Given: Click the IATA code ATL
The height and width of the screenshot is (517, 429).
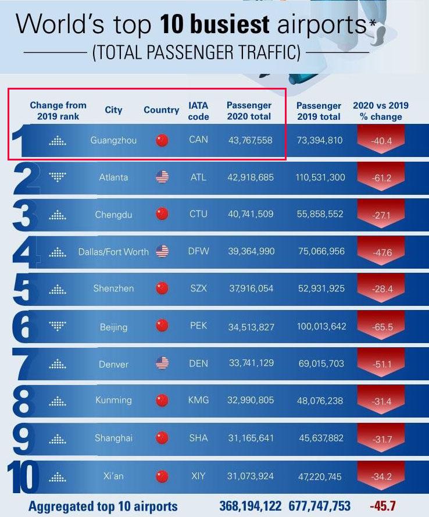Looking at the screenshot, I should (x=198, y=177).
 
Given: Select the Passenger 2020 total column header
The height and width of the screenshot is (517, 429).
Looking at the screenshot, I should (x=249, y=110).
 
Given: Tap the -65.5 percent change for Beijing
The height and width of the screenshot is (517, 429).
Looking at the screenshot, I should (x=382, y=327).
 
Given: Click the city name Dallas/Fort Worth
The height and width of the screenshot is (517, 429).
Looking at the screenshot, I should (x=113, y=252).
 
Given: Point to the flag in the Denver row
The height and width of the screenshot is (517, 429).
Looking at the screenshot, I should (x=162, y=363).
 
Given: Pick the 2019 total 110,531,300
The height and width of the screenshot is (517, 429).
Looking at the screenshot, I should (x=320, y=177).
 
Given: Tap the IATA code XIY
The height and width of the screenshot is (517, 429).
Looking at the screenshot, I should (x=198, y=476).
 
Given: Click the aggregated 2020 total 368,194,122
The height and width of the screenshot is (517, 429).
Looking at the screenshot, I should (x=251, y=506).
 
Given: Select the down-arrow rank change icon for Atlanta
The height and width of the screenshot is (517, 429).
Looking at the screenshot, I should (x=58, y=177).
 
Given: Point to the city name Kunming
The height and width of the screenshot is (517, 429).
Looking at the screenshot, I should (x=113, y=400).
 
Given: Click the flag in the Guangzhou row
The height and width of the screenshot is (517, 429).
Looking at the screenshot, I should (x=162, y=140).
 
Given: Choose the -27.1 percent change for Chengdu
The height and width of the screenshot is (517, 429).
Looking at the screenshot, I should (x=382, y=215).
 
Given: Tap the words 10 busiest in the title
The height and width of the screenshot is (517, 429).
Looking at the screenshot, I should (x=215, y=24).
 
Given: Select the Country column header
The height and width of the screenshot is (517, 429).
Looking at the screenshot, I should (x=161, y=110).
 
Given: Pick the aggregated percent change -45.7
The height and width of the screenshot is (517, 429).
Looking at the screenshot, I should (x=382, y=506).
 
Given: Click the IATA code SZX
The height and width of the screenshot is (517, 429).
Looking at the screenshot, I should (x=198, y=288).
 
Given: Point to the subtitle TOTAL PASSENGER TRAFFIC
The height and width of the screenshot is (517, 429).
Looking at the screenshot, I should (x=196, y=53).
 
